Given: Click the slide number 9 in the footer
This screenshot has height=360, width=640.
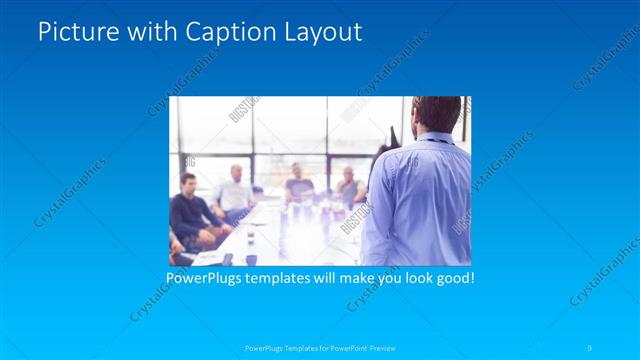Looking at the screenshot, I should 590,347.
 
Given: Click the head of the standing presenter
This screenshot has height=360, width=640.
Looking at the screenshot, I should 437,114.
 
